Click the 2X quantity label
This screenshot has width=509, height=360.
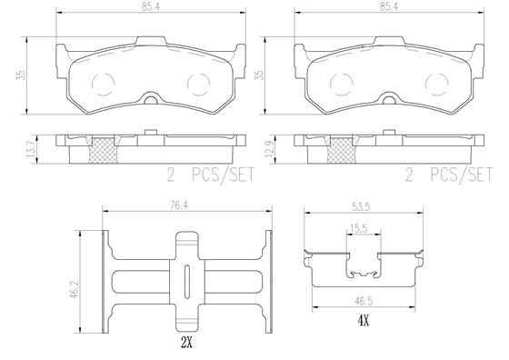click(186, 344)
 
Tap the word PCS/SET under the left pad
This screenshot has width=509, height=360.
click(216, 175)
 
